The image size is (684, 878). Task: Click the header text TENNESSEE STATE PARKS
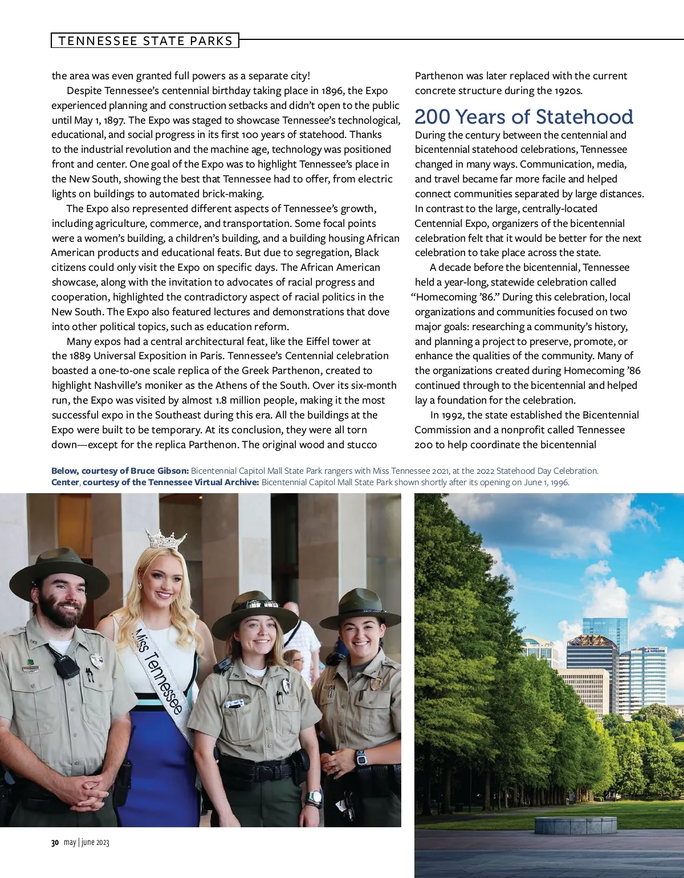[145, 41]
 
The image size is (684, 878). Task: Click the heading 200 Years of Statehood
[523, 117]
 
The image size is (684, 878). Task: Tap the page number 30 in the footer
[55, 843]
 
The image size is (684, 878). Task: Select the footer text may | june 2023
[87, 843]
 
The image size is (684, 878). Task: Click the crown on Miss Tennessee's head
[166, 538]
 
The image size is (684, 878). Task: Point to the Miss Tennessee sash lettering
[158, 670]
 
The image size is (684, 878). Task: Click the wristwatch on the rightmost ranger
[361, 758]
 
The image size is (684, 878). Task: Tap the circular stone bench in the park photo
[576, 825]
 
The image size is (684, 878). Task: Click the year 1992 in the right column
[447, 415]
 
